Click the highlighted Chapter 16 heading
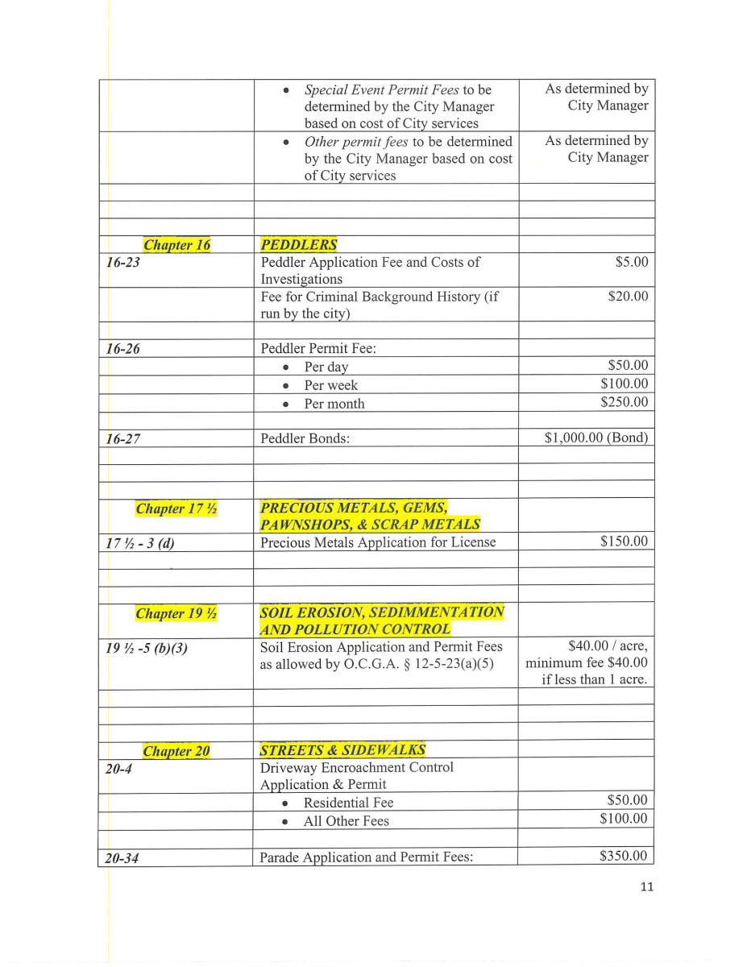[176, 245]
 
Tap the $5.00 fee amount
[631, 262]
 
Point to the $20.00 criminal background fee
[628, 297]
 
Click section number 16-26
[123, 349]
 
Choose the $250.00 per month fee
[624, 402]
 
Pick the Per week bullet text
[330, 385]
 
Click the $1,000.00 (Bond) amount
[596, 438]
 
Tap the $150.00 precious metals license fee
[624, 541]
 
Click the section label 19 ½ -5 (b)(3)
[147, 647]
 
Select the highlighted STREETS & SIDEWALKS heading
[342, 751]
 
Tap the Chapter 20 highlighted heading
[176, 752]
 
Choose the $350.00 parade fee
[623, 856]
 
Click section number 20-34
[122, 858]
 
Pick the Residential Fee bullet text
[348, 803]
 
